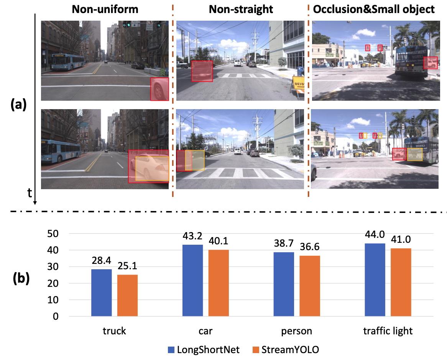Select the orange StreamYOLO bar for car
tap(219, 283)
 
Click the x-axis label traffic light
tap(388, 331)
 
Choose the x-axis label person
tap(296, 331)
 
